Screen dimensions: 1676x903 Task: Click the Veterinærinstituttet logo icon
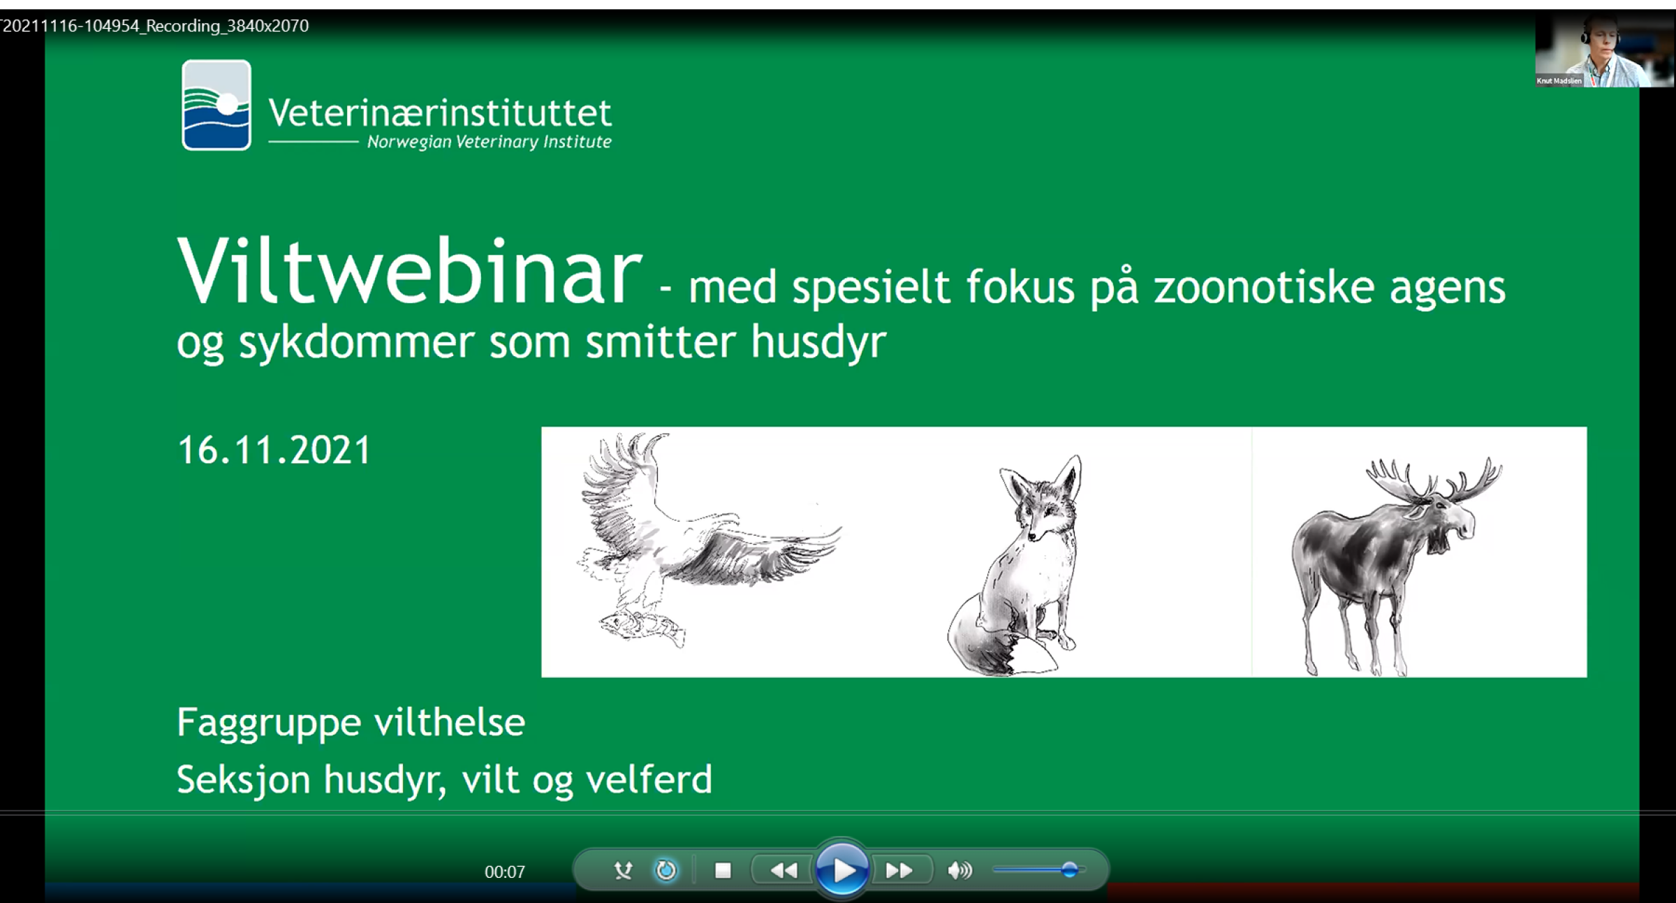(216, 105)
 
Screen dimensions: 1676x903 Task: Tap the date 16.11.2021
(274, 450)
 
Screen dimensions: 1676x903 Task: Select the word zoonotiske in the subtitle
(1264, 287)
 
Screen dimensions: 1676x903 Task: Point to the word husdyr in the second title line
(818, 344)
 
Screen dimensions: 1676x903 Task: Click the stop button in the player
(723, 870)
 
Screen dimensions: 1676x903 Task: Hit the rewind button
(784, 870)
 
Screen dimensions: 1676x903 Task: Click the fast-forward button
(899, 870)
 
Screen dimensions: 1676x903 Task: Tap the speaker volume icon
(960, 870)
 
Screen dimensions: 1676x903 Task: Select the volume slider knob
(1069, 869)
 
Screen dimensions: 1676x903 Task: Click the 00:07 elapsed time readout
(505, 872)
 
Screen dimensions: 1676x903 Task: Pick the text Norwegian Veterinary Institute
(489, 142)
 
